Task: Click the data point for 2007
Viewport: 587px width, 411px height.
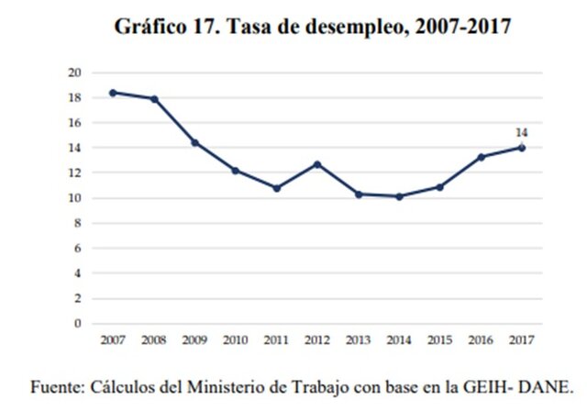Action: [x=113, y=93]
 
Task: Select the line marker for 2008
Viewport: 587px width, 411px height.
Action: [x=154, y=99]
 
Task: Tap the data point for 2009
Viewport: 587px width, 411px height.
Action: [x=194, y=142]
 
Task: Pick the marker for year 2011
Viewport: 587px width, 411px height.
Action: [x=276, y=188]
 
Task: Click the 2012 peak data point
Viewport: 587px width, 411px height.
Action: [x=317, y=164]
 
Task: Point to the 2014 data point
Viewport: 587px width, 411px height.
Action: [x=399, y=196]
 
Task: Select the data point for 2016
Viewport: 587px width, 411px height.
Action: [x=481, y=157]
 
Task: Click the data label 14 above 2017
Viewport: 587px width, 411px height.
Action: [x=521, y=133]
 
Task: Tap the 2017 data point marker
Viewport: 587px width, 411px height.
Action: [x=521, y=148]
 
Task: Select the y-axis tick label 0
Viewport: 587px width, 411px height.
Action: [x=78, y=324]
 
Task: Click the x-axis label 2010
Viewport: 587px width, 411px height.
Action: [x=235, y=340]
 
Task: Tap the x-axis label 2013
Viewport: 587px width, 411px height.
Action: [x=358, y=340]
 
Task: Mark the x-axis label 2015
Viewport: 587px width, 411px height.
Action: [x=439, y=340]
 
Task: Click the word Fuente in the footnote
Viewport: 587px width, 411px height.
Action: [x=58, y=384]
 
